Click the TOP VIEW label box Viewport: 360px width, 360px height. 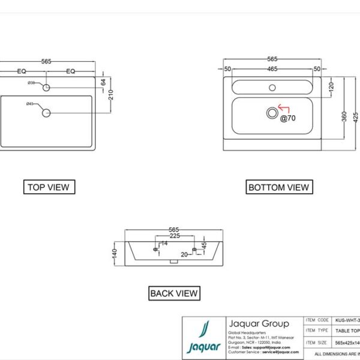tap(49, 187)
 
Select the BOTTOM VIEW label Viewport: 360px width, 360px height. tap(278, 187)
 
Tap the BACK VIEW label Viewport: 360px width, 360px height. tap(174, 293)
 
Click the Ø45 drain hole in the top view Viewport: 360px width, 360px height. tap(46, 112)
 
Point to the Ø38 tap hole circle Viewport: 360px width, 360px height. tap(46, 88)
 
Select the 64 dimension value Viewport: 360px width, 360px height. tap(103, 82)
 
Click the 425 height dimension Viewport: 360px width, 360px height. tap(356, 116)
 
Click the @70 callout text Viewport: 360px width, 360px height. tap(288, 118)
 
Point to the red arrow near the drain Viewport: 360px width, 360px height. tap(283, 109)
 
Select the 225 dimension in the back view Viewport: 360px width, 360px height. tap(174, 236)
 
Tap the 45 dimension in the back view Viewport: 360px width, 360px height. tap(203, 245)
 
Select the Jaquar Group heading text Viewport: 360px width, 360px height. tap(259, 323)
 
